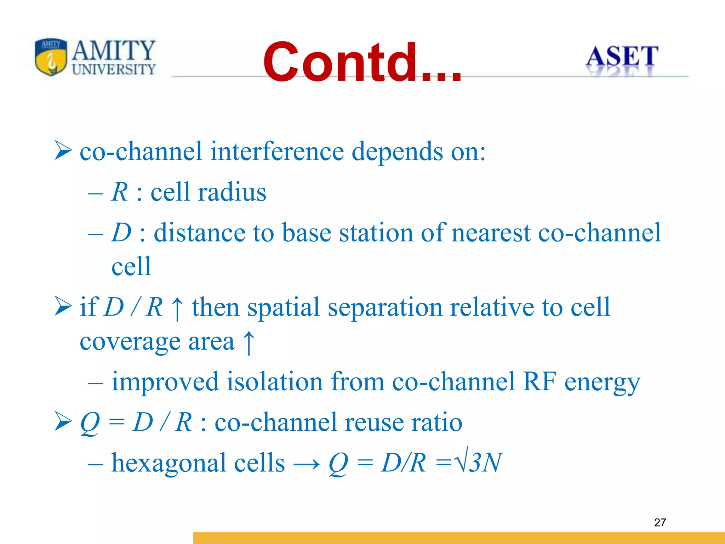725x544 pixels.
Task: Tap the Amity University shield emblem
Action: click(x=51, y=57)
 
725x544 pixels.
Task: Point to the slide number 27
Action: click(x=660, y=522)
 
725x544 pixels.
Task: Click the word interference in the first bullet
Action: click(x=277, y=151)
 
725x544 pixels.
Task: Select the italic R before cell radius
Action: click(x=119, y=192)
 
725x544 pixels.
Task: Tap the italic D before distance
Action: click(x=121, y=233)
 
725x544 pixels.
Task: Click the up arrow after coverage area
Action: click(x=249, y=342)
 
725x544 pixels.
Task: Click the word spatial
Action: click(x=283, y=307)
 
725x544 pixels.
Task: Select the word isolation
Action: click(x=275, y=382)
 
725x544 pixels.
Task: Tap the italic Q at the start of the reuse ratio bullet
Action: click(x=90, y=423)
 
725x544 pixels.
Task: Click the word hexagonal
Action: click(x=169, y=463)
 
